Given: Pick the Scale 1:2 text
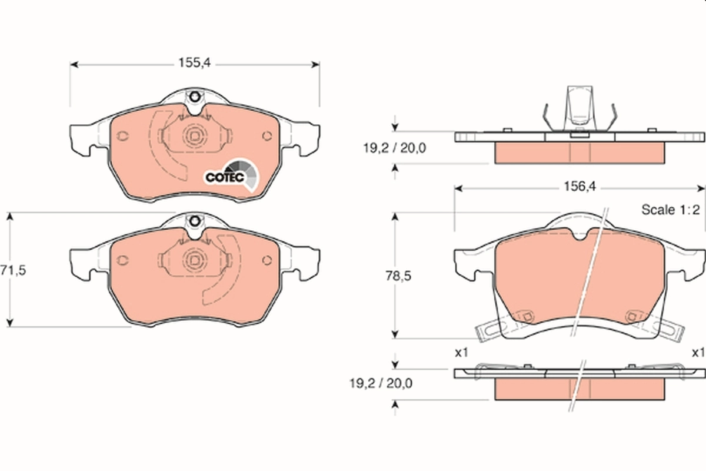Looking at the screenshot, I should click(x=670, y=210).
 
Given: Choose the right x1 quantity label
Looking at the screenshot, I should click(x=698, y=353).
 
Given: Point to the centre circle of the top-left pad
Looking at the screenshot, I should click(x=194, y=136).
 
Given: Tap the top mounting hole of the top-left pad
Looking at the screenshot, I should click(x=194, y=97).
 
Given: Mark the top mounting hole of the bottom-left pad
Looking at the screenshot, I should click(x=194, y=221).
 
